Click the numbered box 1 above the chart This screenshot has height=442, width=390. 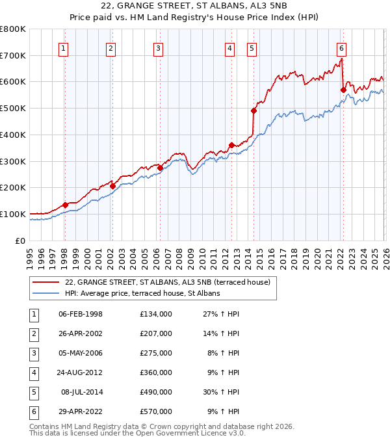tap(64, 47)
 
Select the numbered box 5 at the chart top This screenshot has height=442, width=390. tap(252, 47)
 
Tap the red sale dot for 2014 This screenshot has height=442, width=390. tap(253, 110)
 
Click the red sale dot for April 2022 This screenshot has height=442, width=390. tap(343, 90)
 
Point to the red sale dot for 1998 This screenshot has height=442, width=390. tap(65, 205)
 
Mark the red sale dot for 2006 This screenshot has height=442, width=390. tap(160, 168)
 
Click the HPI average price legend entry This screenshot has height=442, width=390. tap(142, 293)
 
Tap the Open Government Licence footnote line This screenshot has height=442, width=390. tap(138, 434)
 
